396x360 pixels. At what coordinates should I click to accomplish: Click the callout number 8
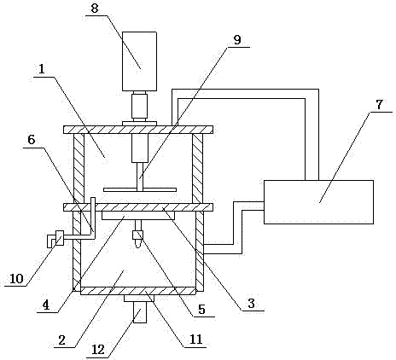tap(95, 9)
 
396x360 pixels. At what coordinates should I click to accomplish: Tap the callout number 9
tap(237, 40)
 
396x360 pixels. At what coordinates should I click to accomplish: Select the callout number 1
tap(42, 69)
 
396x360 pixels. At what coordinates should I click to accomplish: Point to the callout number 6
tap(31, 140)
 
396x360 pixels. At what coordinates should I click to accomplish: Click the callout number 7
tap(379, 105)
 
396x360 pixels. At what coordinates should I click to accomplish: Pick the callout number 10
tap(16, 278)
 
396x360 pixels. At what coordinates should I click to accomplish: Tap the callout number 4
tap(46, 305)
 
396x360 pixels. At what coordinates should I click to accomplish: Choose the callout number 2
tap(62, 340)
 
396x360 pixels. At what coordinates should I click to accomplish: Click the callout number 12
tap(98, 349)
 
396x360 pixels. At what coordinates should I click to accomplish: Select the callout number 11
tap(195, 340)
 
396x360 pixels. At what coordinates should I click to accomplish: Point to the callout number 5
tap(201, 309)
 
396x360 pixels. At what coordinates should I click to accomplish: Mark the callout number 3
tap(251, 304)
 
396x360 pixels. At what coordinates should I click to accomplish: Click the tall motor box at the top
tap(139, 61)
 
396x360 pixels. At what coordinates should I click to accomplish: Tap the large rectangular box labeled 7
tap(318, 202)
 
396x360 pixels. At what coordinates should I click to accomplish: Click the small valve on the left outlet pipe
tap(60, 238)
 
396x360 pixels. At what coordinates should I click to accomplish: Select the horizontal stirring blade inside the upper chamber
tap(140, 189)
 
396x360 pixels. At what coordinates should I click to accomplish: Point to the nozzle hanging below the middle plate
tap(138, 234)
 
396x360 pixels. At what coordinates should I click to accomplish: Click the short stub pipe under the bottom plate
tap(139, 312)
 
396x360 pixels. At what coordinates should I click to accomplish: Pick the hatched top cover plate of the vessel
tap(138, 130)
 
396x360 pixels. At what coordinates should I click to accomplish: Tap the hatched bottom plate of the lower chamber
tap(138, 291)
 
